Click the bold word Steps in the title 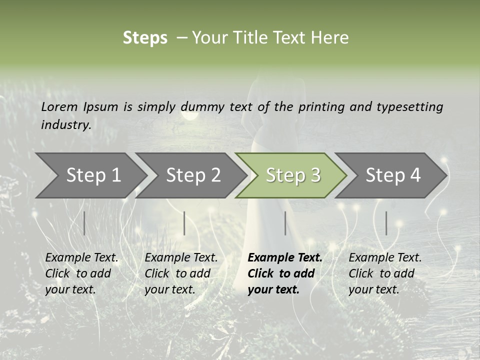[x=145, y=38]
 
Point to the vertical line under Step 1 [x=84, y=223]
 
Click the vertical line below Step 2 [x=184, y=223]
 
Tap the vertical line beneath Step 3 [x=285, y=223]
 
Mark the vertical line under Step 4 [x=386, y=223]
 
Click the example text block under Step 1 [x=81, y=273]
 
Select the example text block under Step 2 [x=181, y=273]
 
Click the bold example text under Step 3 [x=285, y=273]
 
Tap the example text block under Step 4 [x=385, y=273]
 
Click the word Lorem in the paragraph [x=59, y=106]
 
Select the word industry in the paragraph [x=66, y=125]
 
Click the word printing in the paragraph [x=314, y=107]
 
